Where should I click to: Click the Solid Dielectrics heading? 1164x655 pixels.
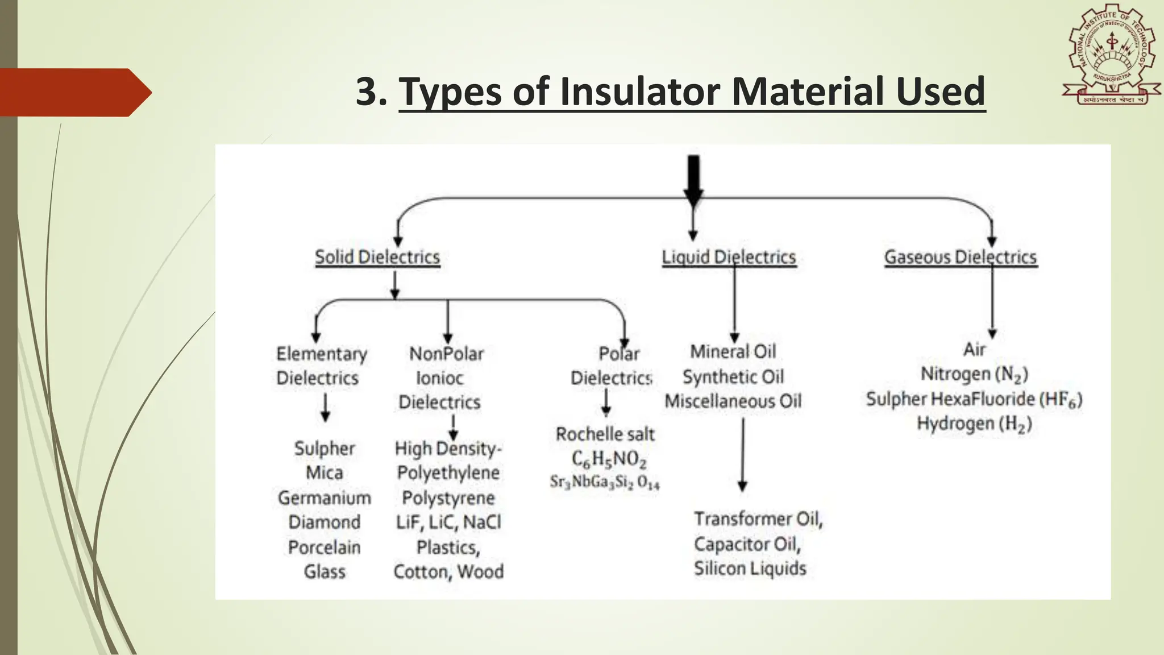377,257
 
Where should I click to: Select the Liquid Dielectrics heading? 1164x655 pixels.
729,257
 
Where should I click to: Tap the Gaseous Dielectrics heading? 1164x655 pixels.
961,257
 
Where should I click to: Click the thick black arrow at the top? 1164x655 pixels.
693,180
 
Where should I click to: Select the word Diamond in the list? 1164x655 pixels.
324,522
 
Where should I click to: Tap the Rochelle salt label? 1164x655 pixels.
605,434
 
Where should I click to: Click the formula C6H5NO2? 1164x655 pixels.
609,459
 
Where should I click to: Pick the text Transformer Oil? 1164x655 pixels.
758,519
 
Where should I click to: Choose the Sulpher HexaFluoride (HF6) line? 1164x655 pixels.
974,399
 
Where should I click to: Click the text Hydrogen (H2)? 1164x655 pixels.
974,424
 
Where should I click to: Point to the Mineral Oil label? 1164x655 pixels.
733,351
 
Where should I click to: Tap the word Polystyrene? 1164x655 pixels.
448,498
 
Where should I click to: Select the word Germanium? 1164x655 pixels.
324,498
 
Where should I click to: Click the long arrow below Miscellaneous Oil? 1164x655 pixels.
742,455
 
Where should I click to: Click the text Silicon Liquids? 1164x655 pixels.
750,569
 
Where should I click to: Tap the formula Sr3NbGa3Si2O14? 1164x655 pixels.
605,482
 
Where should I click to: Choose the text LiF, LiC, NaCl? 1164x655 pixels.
448,522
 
